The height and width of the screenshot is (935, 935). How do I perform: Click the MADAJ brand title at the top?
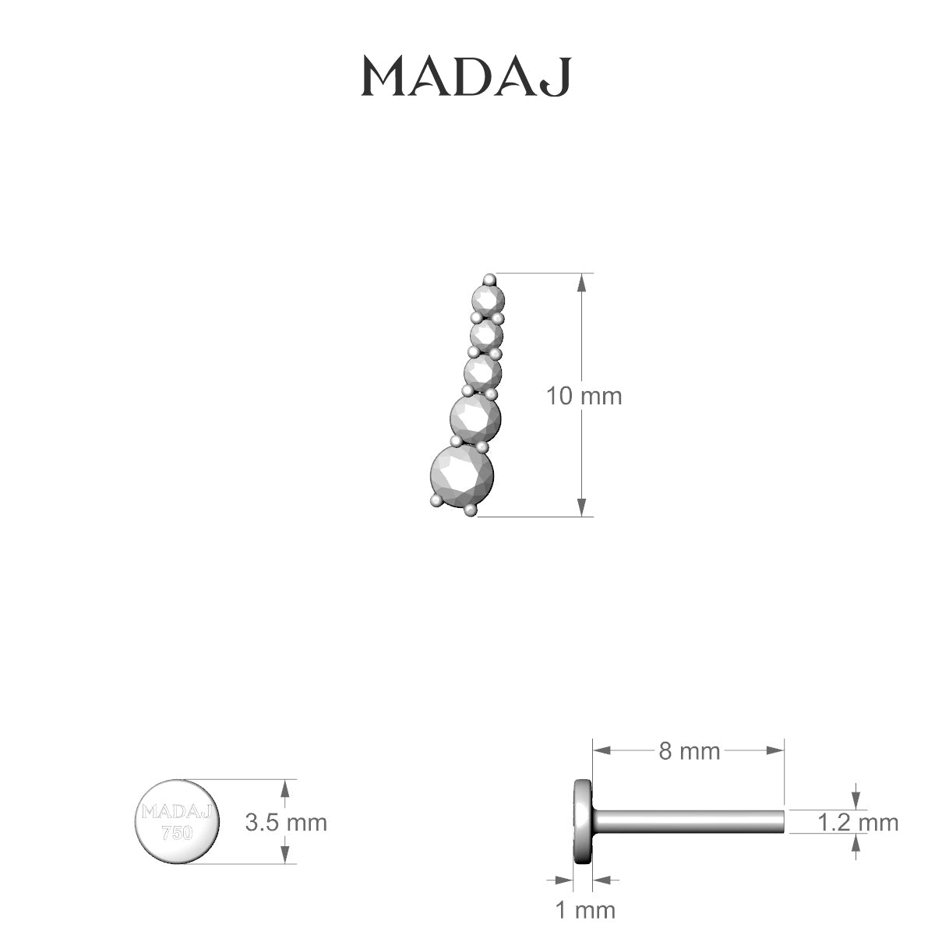[467, 76]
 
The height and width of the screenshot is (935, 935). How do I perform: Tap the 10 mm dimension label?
[584, 396]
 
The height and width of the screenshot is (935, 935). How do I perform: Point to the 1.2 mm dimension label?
[858, 822]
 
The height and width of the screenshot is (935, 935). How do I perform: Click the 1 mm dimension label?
[584, 909]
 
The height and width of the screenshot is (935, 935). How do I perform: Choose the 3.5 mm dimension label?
[285, 822]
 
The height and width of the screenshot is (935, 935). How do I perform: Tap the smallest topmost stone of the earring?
[489, 298]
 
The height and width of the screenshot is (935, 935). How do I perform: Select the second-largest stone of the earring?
[475, 419]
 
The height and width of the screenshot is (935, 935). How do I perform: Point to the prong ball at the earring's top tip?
[489, 279]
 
